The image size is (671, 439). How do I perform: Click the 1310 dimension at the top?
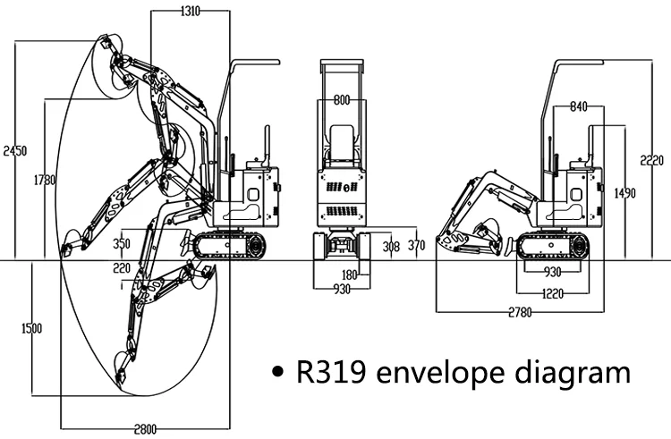coord(190,11)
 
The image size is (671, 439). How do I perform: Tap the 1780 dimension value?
coord(45,180)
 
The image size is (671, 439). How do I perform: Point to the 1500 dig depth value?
coord(30,328)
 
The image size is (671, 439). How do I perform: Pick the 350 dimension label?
coord(123,243)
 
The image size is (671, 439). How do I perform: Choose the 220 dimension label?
coord(122,266)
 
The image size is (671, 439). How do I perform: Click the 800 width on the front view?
coord(342,100)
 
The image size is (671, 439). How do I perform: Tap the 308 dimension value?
coord(391,246)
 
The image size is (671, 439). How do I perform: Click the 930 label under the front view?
coord(342,290)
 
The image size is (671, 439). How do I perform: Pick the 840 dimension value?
coord(578,107)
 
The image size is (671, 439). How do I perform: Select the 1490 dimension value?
coord(625,191)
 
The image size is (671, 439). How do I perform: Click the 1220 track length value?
coord(551,292)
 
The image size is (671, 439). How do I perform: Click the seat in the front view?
coord(342,141)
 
